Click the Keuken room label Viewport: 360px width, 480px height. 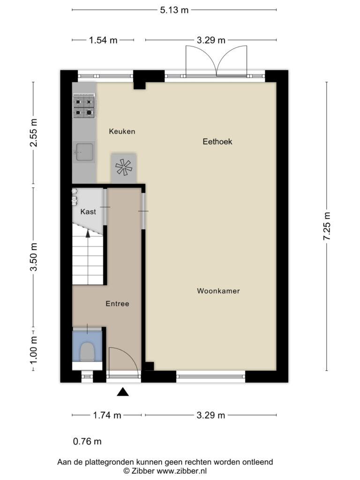122,131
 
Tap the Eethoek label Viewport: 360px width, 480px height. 217,142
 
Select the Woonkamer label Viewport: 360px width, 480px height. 218,291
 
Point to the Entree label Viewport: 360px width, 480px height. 117,304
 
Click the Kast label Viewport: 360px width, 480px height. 88,211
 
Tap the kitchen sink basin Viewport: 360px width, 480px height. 84,152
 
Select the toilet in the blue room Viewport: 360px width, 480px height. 87,352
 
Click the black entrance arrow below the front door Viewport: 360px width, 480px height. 123,391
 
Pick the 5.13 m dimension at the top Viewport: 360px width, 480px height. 174,10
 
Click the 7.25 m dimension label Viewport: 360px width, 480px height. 327,226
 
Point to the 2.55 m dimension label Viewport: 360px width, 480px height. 33,133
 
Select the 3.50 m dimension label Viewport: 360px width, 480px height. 33,257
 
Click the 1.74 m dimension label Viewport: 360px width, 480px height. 107,415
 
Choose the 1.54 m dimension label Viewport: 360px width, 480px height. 103,40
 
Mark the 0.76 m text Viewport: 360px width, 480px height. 87,442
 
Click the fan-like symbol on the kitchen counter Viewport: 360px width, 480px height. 123,167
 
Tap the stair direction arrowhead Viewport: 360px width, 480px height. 88,233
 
